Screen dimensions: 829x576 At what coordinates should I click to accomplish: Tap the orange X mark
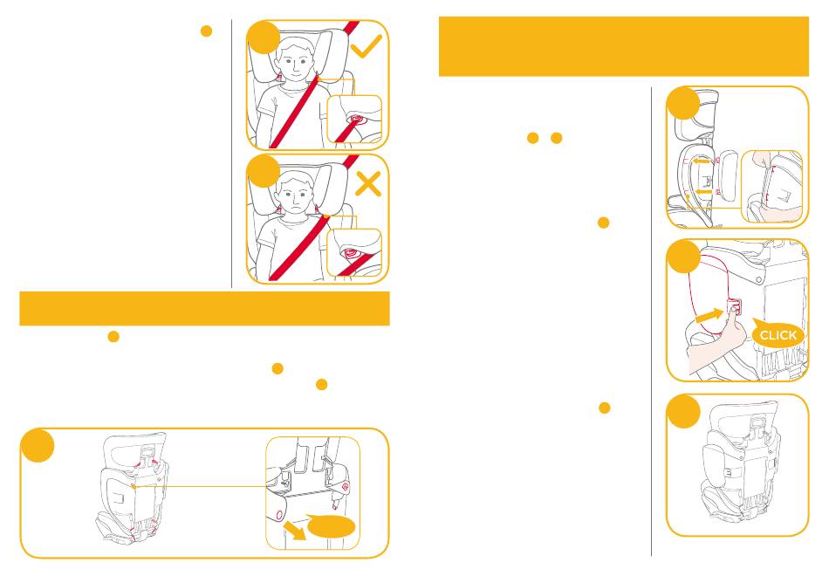tap(368, 185)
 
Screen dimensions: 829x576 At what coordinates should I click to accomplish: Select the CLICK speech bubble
tap(778, 333)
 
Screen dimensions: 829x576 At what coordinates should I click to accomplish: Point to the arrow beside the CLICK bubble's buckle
tap(709, 316)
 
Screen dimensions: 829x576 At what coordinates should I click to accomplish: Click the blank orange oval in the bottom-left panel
tap(332, 527)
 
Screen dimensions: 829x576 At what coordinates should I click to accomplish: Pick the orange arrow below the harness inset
tap(295, 530)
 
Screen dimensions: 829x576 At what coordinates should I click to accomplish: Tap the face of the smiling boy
tap(294, 59)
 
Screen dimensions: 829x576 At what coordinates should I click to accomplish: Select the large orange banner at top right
tap(624, 46)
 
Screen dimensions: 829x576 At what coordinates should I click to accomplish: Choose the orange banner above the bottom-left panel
tap(204, 308)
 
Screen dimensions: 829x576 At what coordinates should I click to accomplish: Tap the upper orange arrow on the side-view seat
tap(702, 161)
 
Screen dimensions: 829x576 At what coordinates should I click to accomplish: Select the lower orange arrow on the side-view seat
tap(702, 192)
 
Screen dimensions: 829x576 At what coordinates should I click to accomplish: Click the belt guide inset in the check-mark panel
tap(355, 119)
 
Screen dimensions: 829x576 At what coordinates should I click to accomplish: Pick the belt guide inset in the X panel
tap(355, 253)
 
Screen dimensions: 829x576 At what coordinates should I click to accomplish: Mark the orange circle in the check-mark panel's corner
tap(264, 37)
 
